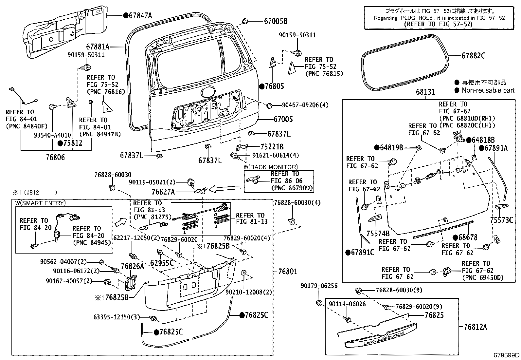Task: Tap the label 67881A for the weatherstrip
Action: pos(98,47)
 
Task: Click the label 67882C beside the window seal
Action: pos(473,56)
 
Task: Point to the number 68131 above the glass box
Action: pos(425,92)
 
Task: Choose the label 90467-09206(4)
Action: pos(305,105)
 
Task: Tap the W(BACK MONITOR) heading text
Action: pos(271,167)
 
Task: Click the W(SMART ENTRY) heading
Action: pos(40,203)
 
